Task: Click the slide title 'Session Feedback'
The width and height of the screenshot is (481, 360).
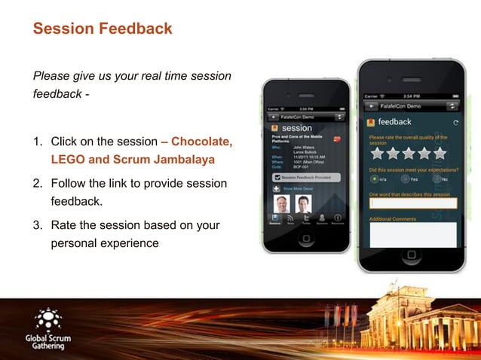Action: click(103, 29)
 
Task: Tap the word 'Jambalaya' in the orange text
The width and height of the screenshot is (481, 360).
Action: click(175, 160)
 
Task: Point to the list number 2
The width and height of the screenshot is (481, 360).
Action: click(37, 184)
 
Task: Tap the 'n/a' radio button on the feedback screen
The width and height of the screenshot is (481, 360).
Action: click(374, 179)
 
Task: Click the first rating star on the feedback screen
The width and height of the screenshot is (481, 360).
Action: click(375, 154)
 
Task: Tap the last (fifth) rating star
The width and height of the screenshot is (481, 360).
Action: click(440, 154)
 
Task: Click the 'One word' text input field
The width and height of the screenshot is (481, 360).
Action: click(412, 203)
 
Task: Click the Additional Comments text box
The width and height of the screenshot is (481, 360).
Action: click(412, 234)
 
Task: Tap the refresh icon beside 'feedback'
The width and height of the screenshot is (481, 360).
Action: click(455, 122)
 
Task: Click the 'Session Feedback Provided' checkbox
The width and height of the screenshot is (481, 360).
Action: click(277, 177)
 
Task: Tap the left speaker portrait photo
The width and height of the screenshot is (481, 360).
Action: click(281, 203)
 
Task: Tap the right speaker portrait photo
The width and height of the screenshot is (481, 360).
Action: click(303, 203)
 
